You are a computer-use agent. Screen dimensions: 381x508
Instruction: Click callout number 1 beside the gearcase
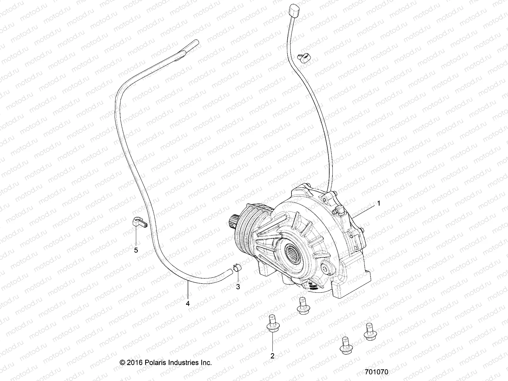pos(378,204)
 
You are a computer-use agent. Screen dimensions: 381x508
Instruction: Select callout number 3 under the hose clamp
pos(238,287)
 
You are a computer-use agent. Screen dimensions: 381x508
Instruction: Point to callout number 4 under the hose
pos(188,303)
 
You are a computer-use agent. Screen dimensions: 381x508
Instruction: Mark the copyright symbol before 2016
pos(122,363)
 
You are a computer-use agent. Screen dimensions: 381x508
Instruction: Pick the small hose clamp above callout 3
pos(236,269)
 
